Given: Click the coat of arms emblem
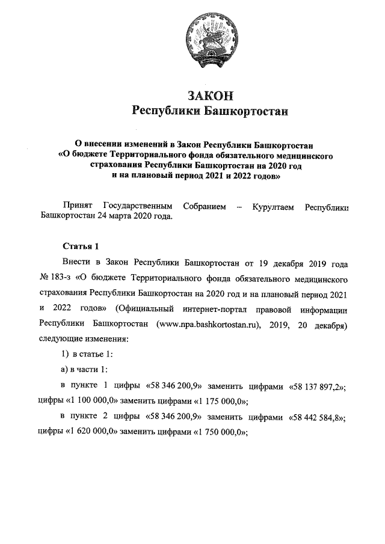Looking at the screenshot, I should pos(211,37).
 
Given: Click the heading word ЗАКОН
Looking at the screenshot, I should pos(211,96).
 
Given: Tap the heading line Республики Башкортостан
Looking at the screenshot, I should pos(211,111).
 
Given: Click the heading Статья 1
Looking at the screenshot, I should pos(79,246).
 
